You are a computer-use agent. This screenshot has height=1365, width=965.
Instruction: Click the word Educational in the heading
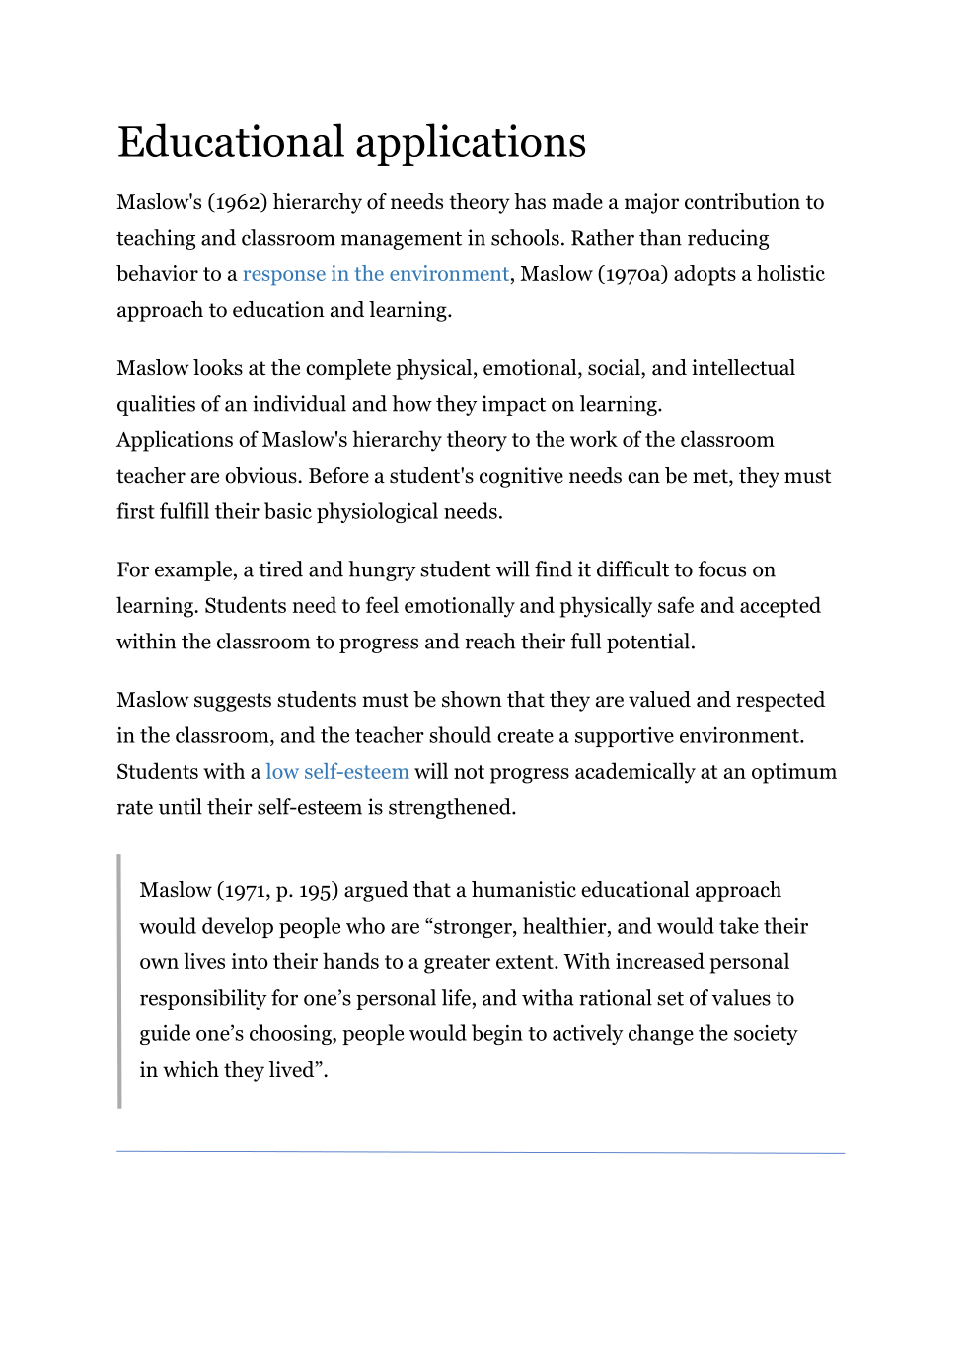231,142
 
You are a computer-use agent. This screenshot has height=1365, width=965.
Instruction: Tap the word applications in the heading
471,144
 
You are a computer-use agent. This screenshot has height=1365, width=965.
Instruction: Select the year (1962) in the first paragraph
237,202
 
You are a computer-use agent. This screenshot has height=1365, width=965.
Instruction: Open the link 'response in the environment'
375,274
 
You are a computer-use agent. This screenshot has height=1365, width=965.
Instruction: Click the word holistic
790,274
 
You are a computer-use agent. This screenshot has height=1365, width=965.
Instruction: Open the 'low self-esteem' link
336,772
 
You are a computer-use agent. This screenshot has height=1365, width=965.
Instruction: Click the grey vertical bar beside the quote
119,981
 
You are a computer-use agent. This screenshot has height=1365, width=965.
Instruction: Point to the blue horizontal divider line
481,1152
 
